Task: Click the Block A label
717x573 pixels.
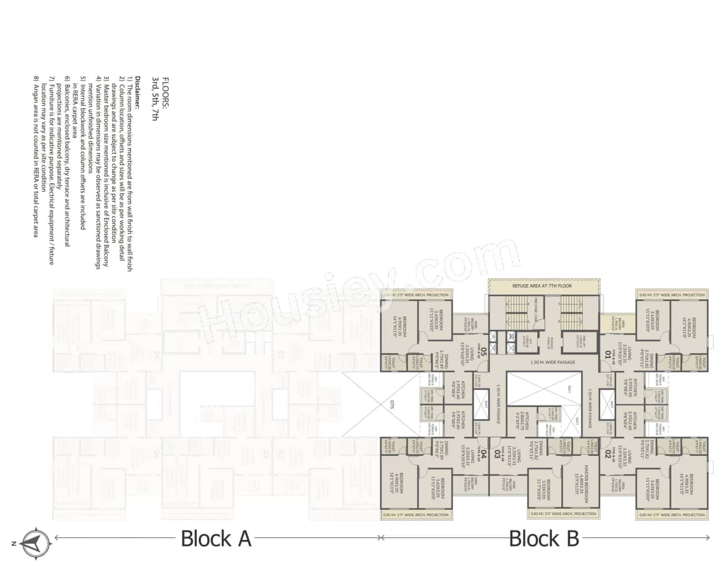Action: coord(216,539)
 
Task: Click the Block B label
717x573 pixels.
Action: coord(543,539)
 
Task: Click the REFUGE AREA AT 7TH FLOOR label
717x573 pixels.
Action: coord(542,286)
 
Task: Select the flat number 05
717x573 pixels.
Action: coord(483,354)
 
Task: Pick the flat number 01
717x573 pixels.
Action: coord(607,354)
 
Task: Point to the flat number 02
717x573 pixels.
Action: coord(607,455)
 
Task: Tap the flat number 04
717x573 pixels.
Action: coord(483,455)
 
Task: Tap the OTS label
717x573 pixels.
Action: coord(392,403)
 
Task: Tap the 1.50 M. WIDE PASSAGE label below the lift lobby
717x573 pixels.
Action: coord(552,362)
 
